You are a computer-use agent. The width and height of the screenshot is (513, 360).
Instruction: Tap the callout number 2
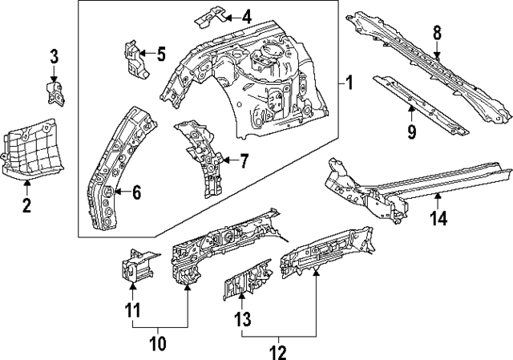click(x=26, y=207)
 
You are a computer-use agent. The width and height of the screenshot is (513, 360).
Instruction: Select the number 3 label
click(x=54, y=56)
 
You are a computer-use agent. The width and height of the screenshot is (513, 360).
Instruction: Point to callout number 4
click(x=245, y=15)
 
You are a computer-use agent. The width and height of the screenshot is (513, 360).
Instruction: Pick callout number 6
click(x=135, y=192)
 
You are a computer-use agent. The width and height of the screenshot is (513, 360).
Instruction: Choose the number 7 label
click(x=244, y=160)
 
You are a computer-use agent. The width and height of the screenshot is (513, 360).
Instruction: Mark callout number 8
click(x=437, y=34)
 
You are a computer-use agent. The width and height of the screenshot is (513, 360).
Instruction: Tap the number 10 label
click(x=159, y=344)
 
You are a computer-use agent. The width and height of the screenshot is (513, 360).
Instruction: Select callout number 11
click(x=133, y=309)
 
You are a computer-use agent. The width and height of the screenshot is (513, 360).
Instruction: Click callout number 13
click(x=243, y=320)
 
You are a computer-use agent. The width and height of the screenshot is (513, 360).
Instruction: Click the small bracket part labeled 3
click(x=55, y=91)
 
